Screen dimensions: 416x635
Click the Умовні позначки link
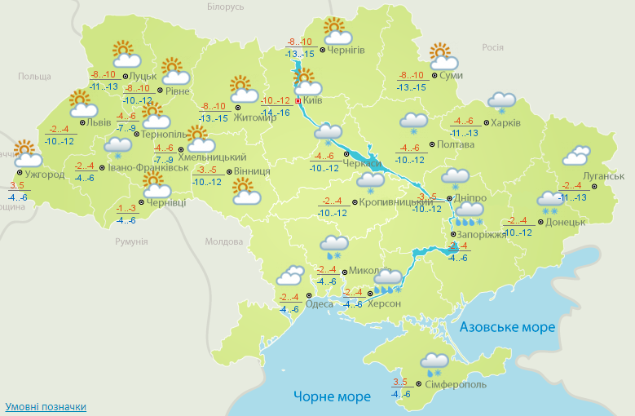[46, 406]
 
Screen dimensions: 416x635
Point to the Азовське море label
[507, 327]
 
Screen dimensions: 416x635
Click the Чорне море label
[332, 396]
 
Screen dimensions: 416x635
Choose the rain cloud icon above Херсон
[387, 280]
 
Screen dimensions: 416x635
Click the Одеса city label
[319, 304]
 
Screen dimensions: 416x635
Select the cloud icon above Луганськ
[577, 155]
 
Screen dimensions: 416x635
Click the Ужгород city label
[45, 175]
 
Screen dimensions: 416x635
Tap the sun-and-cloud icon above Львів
[82, 104]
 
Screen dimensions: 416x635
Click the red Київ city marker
[298, 101]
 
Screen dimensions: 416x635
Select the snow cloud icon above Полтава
[414, 123]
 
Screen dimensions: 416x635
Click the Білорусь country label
[225, 7]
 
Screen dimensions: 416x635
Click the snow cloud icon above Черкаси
[329, 134]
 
